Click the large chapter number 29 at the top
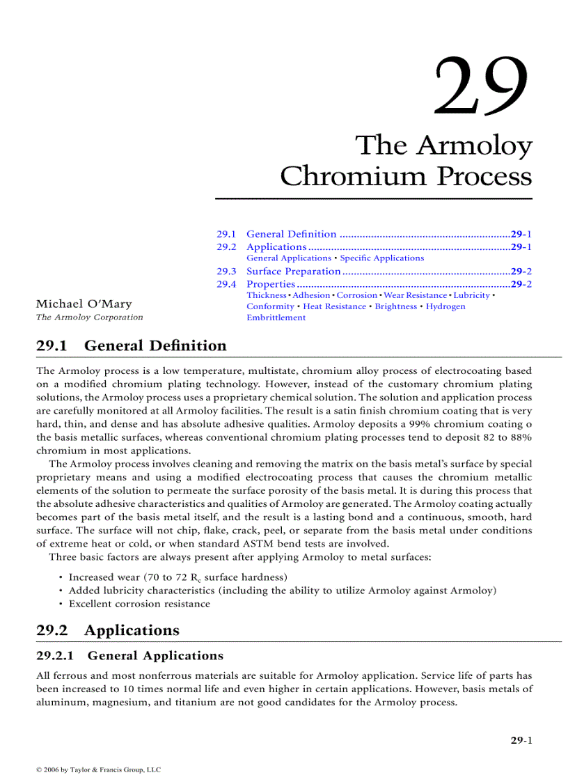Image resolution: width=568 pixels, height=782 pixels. (x=481, y=86)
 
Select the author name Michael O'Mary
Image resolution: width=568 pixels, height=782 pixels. (x=84, y=304)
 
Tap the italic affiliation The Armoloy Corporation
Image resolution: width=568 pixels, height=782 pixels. (x=89, y=317)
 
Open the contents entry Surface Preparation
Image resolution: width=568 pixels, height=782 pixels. (x=293, y=271)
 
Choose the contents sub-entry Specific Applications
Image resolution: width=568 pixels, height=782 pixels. (x=381, y=258)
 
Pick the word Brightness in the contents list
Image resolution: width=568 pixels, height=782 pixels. (x=395, y=306)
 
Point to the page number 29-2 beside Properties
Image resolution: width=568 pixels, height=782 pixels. (x=521, y=284)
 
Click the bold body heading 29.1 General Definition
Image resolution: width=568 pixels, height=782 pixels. (x=131, y=345)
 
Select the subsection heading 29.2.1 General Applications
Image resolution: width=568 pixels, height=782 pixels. (x=129, y=655)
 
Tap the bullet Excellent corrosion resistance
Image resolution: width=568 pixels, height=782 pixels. (x=139, y=604)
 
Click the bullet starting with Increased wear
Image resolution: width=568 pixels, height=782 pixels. (x=177, y=577)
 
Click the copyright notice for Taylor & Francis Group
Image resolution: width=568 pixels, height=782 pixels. (x=98, y=769)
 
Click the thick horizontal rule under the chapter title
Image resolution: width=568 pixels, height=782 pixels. (x=374, y=198)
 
